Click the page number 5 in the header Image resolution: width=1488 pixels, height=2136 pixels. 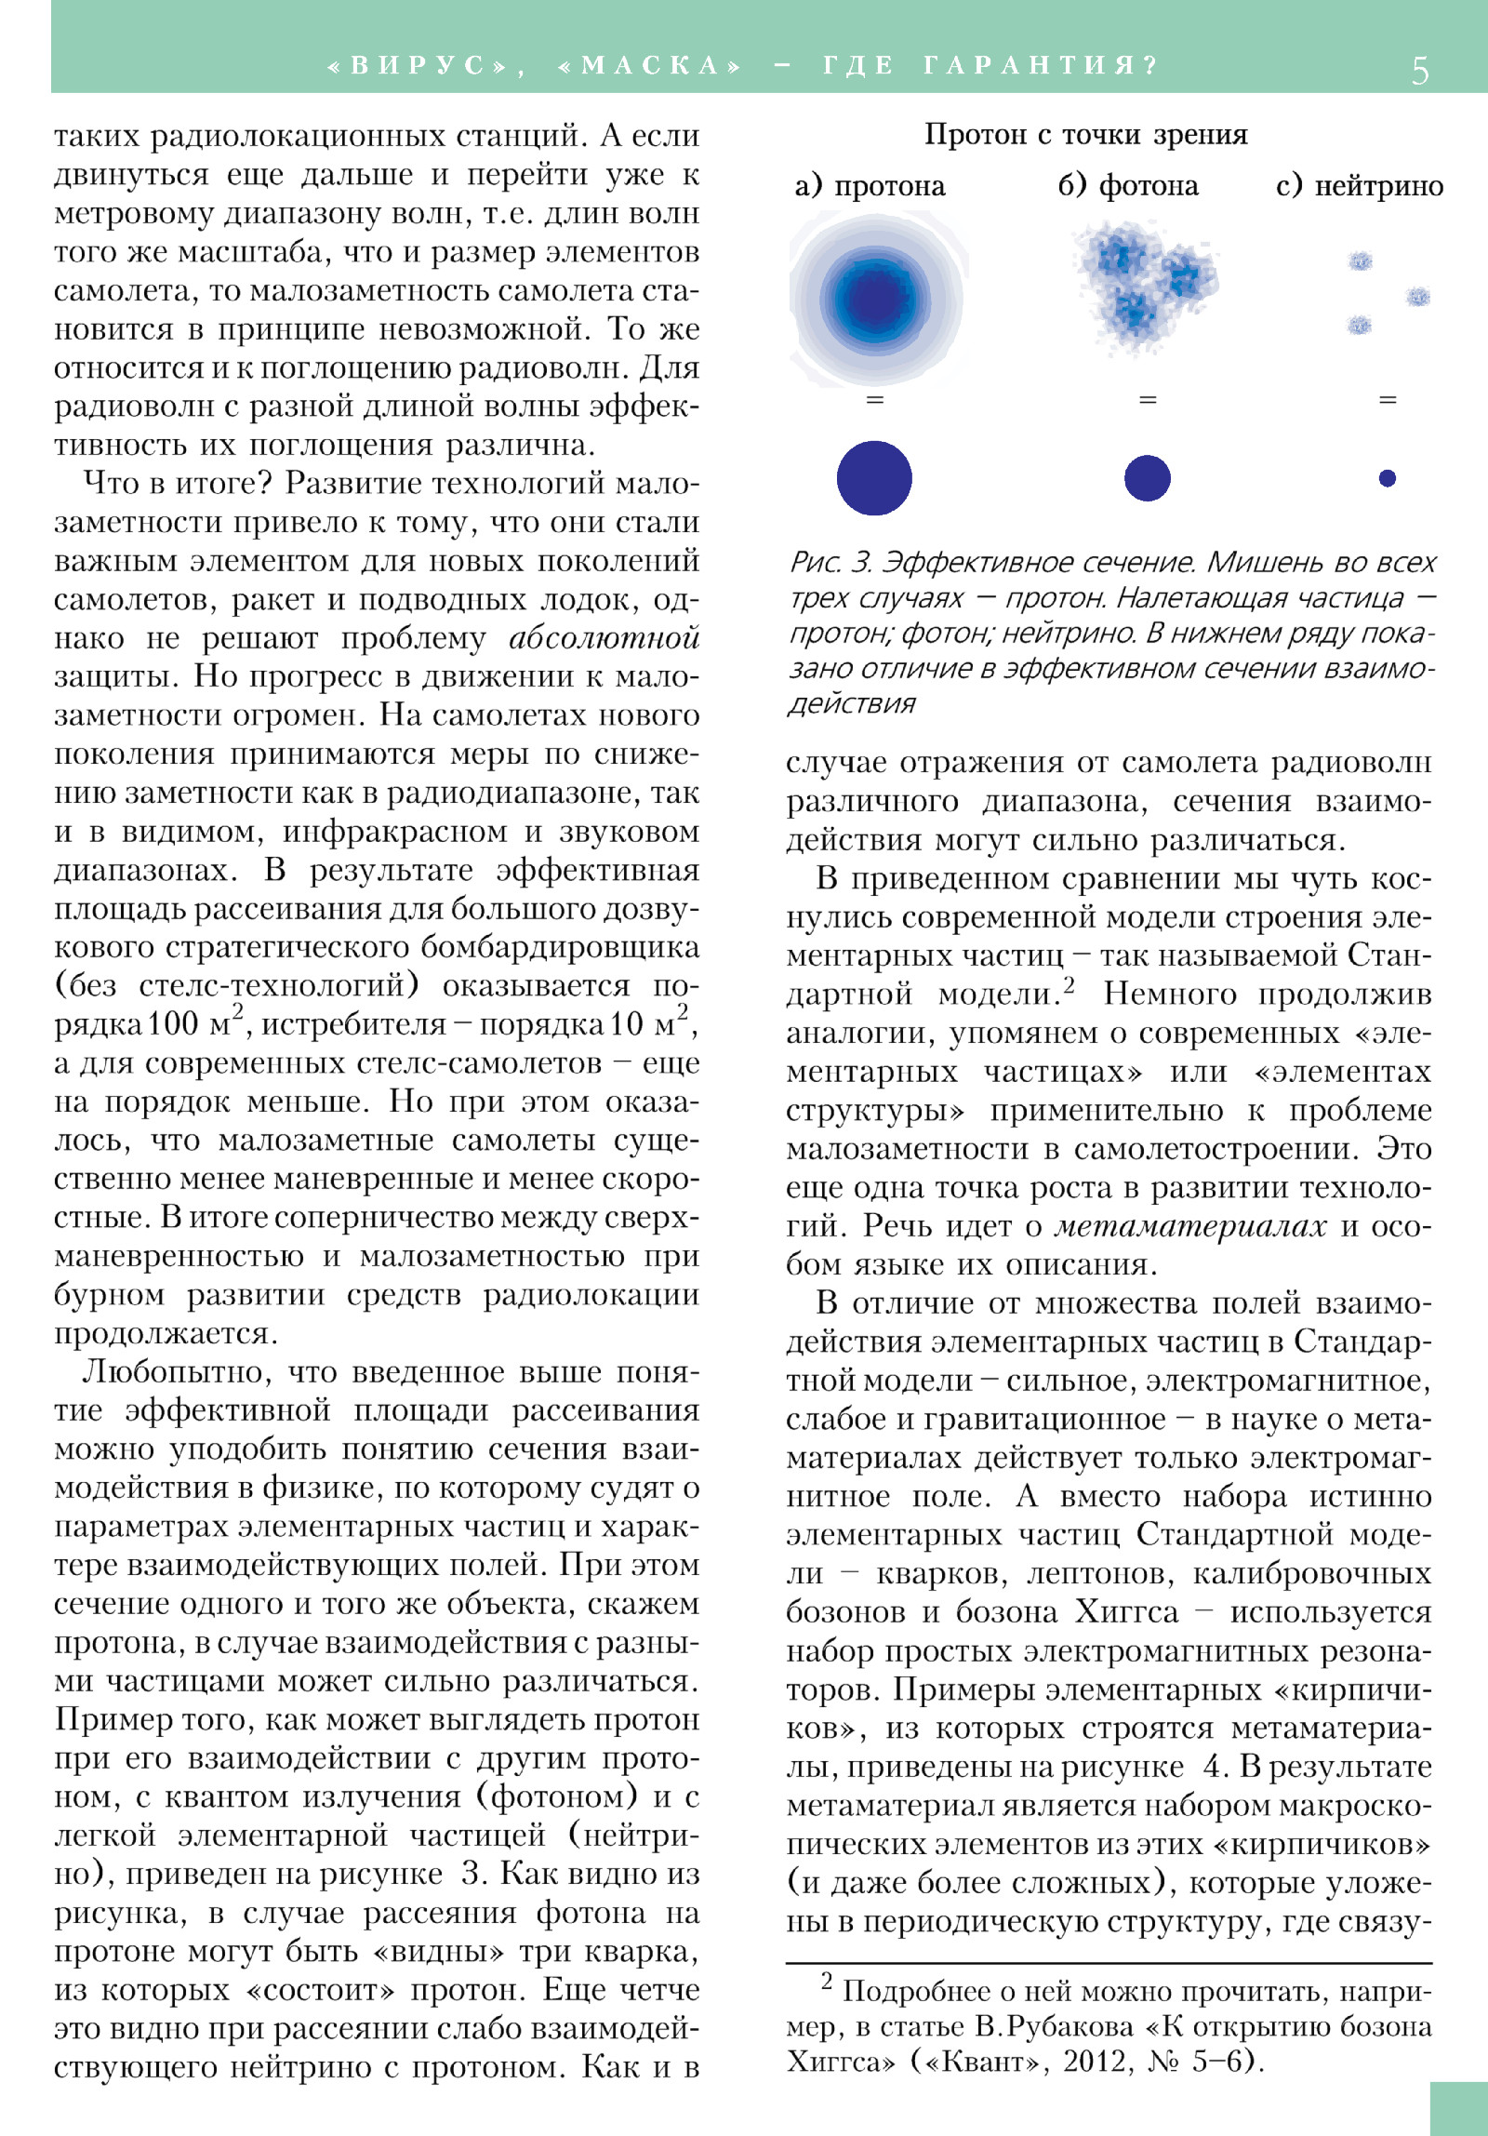[1419, 70]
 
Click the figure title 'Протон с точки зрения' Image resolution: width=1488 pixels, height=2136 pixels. [1085, 135]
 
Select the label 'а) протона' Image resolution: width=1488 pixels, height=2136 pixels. [870, 186]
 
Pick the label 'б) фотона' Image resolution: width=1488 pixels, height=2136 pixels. [1128, 186]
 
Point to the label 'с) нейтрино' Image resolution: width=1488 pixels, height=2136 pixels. [1359, 186]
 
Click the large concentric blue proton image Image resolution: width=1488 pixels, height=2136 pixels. [875, 299]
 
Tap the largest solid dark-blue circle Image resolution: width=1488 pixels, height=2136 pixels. [874, 478]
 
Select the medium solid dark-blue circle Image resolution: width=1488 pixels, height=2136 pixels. [1147, 478]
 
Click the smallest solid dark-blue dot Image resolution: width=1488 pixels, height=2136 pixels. [1388, 478]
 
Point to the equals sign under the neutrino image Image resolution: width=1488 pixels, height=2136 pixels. [1388, 400]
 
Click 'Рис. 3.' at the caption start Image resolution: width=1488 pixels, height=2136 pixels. [830, 563]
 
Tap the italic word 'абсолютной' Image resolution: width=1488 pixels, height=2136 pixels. [604, 638]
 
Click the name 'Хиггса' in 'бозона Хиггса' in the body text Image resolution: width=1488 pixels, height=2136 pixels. [1126, 1612]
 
